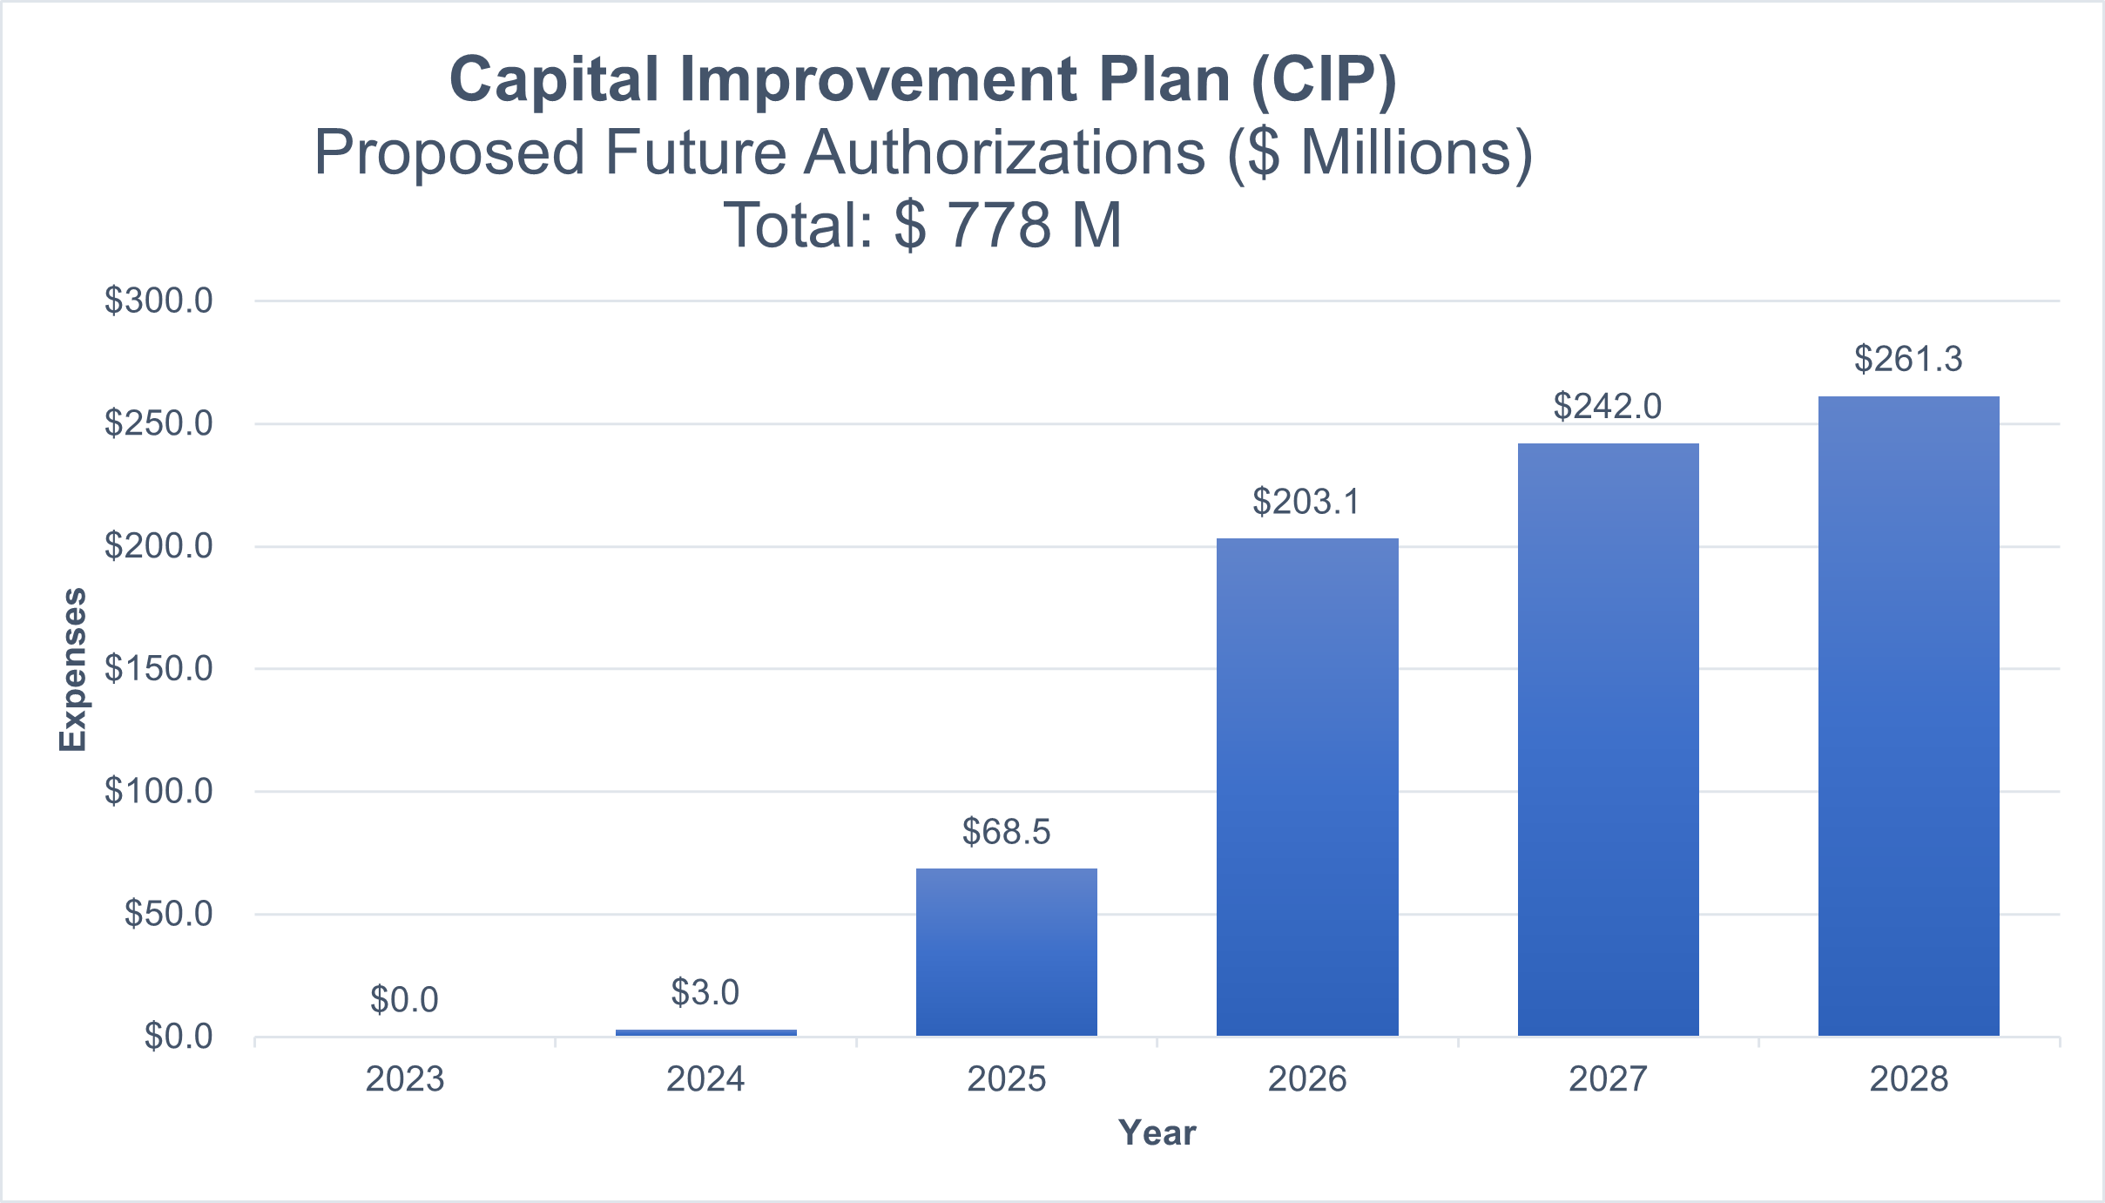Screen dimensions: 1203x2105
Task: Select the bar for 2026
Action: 1307,787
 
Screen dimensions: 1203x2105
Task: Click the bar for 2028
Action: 1908,716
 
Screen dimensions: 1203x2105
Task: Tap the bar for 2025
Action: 1006,952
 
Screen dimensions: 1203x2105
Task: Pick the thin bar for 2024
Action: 705,1032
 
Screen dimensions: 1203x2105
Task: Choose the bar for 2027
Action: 1608,740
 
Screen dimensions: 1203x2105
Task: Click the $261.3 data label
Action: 1908,359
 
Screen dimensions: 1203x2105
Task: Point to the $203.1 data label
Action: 1306,502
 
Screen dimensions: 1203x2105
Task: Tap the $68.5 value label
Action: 1006,832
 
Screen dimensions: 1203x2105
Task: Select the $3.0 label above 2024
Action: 705,992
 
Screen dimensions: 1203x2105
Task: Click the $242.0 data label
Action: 1608,406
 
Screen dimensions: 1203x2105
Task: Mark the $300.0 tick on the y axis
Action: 159,301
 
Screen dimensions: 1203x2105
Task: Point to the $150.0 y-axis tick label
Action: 159,668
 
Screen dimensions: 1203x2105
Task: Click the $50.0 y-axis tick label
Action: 168,914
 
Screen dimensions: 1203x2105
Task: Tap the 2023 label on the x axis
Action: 404,1079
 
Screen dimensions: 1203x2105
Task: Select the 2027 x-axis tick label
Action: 1608,1079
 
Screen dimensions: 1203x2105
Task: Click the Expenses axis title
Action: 73,669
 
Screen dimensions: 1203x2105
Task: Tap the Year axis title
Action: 1157,1132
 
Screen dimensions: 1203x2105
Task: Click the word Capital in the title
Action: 554,79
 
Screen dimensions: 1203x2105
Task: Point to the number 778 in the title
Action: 999,225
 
